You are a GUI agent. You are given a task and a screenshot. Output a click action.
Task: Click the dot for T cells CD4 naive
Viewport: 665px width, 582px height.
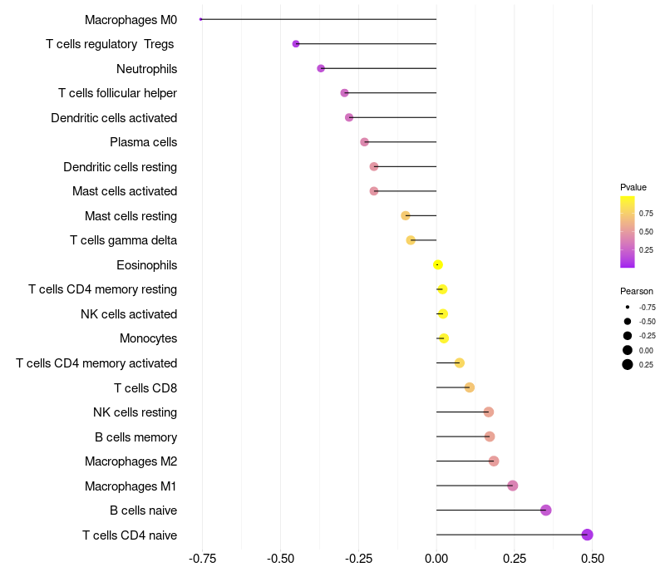tap(587, 535)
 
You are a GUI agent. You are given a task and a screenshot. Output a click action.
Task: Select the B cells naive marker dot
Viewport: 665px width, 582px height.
tap(546, 510)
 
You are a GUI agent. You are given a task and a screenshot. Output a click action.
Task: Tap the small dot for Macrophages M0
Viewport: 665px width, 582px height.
tap(201, 19)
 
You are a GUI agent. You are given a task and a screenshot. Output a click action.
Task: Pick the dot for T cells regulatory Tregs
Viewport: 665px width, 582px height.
tap(296, 43)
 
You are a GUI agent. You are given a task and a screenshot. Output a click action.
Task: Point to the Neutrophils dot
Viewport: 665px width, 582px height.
tap(321, 68)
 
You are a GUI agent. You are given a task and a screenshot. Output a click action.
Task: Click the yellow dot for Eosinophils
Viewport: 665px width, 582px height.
tap(438, 265)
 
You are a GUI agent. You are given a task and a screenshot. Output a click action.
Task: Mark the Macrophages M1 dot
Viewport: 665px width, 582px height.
tap(513, 486)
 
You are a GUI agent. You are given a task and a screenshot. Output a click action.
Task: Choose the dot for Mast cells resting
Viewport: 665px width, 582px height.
tap(406, 215)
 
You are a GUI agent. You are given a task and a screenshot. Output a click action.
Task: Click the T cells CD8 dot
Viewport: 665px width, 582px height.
tap(470, 387)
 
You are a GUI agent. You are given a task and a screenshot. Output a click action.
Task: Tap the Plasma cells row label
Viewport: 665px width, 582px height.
tap(143, 142)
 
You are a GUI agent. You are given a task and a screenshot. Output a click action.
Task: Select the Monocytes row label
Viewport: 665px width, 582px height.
tap(148, 338)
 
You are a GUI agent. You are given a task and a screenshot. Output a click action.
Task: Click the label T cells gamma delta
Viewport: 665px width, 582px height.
tap(123, 240)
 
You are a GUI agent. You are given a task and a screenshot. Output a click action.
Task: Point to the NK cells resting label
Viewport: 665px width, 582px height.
tap(135, 412)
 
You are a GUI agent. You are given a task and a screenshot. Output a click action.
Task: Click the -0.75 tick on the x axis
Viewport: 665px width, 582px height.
tap(202, 559)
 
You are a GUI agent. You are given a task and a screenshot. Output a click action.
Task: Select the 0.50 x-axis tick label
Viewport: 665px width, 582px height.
tap(592, 559)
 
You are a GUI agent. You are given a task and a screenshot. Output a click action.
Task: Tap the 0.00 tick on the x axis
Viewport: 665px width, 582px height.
tap(436, 559)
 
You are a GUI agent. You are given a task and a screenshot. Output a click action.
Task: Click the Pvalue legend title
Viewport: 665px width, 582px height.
tap(633, 187)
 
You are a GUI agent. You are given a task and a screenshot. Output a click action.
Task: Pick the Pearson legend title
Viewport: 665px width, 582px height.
tap(636, 291)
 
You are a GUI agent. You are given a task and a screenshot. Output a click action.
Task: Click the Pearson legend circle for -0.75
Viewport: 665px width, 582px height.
tap(628, 307)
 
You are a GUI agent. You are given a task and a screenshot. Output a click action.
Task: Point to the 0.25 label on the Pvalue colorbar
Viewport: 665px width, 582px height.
tap(646, 249)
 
